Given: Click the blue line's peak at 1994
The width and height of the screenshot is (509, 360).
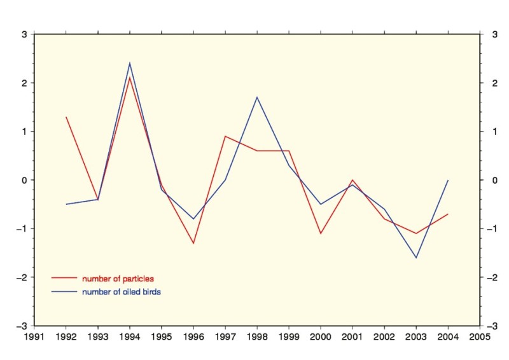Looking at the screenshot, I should tap(130, 63).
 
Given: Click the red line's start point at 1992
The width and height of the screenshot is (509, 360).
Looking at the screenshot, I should tap(66, 117).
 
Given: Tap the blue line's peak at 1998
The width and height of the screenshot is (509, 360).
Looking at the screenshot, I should tap(257, 97).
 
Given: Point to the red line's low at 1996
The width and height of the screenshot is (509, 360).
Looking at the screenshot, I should tap(193, 243).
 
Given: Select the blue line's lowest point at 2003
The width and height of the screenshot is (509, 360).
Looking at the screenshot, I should tap(416, 258).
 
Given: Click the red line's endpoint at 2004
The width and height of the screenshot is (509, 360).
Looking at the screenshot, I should tap(448, 214).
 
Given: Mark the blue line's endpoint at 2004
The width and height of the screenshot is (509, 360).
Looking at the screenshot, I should tap(448, 180).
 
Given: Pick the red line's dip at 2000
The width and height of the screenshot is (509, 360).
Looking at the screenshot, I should tap(321, 233).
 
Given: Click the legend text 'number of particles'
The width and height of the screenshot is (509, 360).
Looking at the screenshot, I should tap(118, 279).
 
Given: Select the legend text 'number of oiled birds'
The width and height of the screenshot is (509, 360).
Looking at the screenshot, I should tap(122, 292).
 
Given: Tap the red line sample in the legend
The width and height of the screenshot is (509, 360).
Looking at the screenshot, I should tap(64, 279).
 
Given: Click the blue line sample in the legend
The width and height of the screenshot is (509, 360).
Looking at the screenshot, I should tap(64, 292).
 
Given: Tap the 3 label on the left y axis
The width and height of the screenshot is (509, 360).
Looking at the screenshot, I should tap(24, 34).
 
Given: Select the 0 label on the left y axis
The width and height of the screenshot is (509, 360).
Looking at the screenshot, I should tap(24, 180).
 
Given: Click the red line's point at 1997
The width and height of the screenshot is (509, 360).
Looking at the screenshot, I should tap(225, 136).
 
